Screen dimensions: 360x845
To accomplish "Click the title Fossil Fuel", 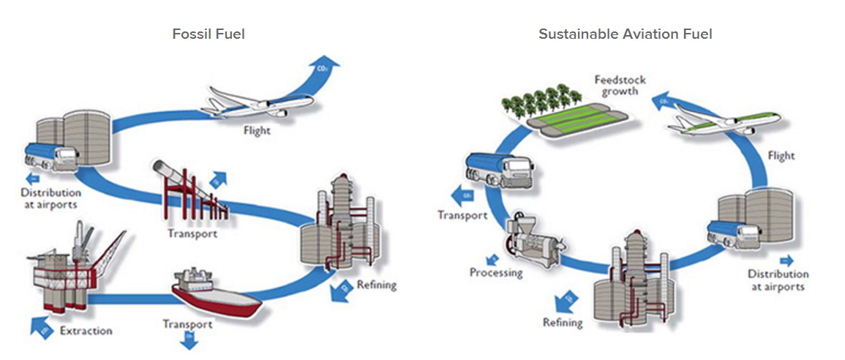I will coord(209,34).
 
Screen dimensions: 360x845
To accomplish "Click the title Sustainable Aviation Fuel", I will coord(626,34).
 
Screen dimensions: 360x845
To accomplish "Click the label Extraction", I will coord(86,331).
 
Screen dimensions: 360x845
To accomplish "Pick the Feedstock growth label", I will coord(616,86).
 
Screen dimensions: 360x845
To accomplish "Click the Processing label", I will coord(496,273).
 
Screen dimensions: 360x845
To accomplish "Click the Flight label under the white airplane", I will coord(257,132).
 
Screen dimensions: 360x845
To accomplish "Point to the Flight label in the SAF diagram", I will coord(781,156).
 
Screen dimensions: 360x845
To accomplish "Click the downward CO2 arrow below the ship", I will coord(188,340).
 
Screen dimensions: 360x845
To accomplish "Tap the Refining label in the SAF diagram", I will coord(563,323).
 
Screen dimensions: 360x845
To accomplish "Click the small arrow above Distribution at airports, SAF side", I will coord(786,260).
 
